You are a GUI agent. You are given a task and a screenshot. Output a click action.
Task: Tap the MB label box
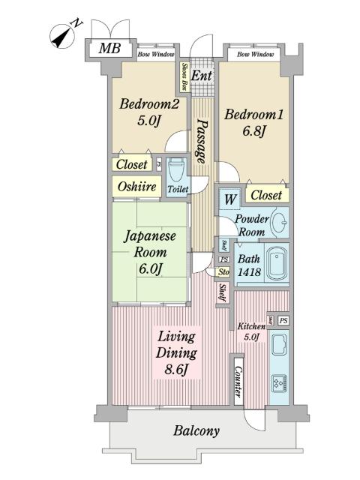[x=109, y=49]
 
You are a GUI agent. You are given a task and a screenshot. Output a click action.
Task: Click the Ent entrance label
[x=200, y=76]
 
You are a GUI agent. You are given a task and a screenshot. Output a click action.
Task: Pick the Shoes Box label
[x=184, y=75]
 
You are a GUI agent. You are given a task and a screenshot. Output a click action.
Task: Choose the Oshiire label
[x=137, y=187]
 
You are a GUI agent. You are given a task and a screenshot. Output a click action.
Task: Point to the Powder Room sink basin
[x=278, y=222]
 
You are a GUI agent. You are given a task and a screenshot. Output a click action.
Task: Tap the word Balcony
[x=196, y=431]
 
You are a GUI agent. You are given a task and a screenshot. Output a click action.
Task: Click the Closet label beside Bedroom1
[x=266, y=195]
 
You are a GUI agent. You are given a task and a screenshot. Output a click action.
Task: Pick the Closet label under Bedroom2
[x=132, y=163]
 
